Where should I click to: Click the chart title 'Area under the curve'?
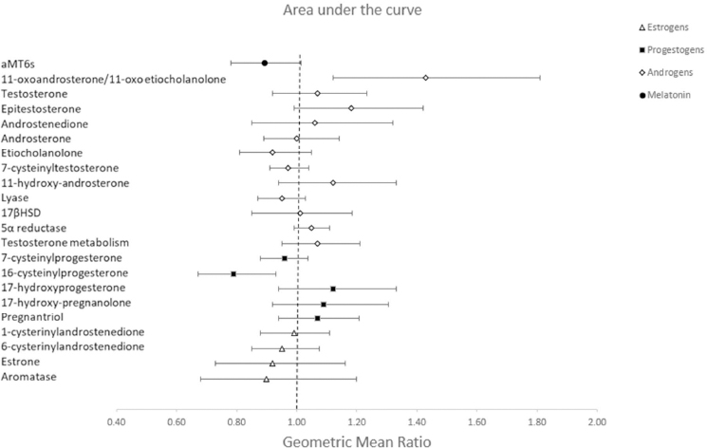(x=353, y=12)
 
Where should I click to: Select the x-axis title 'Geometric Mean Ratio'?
(x=353, y=439)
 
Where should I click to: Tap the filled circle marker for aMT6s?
(x=265, y=63)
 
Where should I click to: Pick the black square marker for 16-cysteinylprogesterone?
(x=233, y=273)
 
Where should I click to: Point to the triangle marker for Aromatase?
(x=267, y=379)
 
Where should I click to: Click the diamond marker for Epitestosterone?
(x=351, y=108)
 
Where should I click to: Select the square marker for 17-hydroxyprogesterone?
(x=333, y=289)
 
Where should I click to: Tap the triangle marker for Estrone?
(x=272, y=364)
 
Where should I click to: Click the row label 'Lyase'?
(x=16, y=197)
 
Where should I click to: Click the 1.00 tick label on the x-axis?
(x=297, y=417)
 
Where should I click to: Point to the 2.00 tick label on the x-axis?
(x=597, y=417)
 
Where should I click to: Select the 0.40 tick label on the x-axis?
(x=117, y=417)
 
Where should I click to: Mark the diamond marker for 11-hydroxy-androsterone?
(x=333, y=182)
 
